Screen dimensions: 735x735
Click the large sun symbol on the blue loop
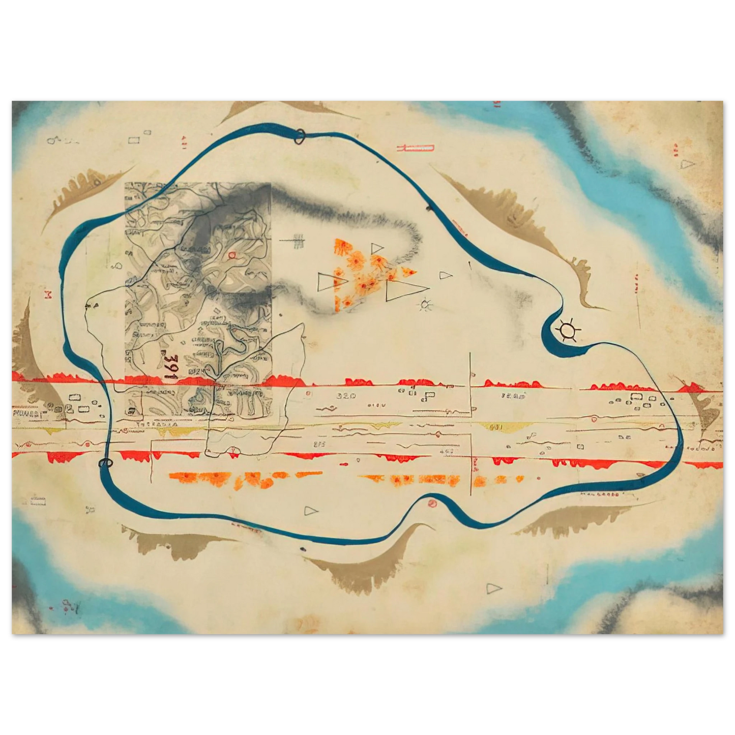coord(567,331)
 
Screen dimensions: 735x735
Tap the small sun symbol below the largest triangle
coord(425,305)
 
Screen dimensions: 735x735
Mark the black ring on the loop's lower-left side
coord(105,463)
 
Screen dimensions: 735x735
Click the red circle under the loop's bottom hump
coord(432,504)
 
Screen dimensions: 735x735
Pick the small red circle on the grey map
coord(232,254)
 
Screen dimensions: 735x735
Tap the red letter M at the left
coord(49,295)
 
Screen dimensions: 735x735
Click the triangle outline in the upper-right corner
coord(687,164)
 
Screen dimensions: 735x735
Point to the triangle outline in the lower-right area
coord(493,589)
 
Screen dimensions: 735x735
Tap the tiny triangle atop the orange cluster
coord(376,248)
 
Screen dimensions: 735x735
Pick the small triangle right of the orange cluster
coord(446,275)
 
